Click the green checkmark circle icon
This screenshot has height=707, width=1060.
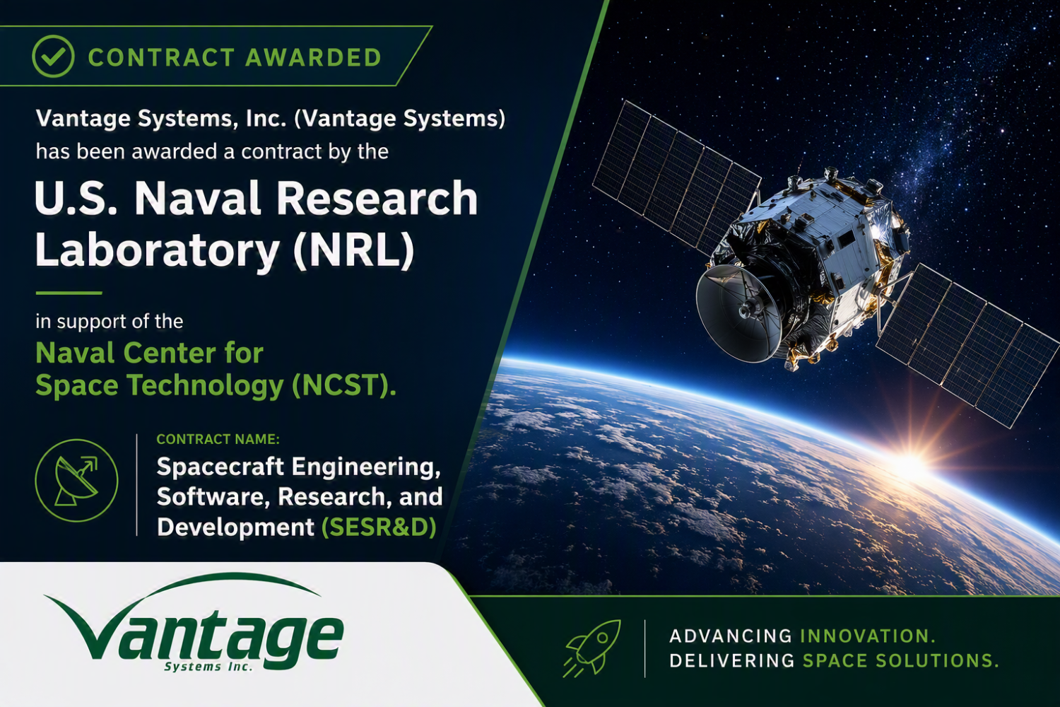click(53, 57)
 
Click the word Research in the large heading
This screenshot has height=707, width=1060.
click(377, 199)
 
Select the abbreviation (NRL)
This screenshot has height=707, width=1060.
click(353, 250)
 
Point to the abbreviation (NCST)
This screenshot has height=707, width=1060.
click(343, 385)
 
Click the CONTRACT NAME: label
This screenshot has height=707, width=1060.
click(218, 440)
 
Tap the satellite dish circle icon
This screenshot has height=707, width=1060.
click(76, 480)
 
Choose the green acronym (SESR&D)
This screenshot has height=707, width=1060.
click(379, 527)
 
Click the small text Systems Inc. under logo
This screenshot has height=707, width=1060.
click(208, 667)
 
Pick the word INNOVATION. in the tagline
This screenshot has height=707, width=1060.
click(868, 636)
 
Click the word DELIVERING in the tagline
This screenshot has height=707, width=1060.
click(732, 660)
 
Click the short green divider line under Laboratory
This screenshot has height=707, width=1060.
click(69, 293)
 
